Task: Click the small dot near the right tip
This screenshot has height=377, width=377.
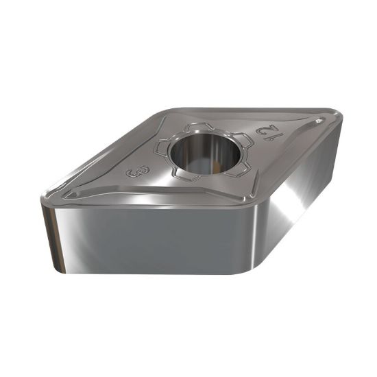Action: pyautogui.click(x=319, y=120)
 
